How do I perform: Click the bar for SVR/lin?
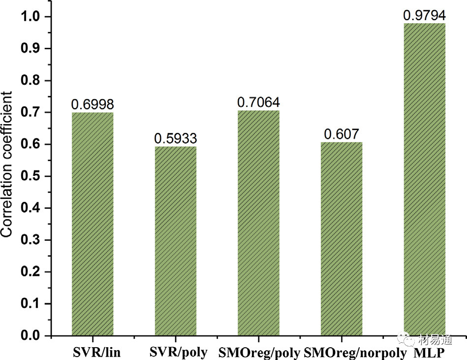(x=93, y=224)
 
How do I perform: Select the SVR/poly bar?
(x=176, y=241)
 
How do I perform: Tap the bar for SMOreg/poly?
(x=258, y=223)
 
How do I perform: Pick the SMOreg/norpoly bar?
(x=342, y=239)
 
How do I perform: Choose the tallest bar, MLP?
(x=424, y=179)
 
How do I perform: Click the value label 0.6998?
(x=93, y=104)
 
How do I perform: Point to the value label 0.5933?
(x=176, y=138)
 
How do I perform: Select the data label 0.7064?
(x=258, y=102)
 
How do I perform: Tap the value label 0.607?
(x=342, y=134)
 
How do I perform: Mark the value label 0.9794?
(x=424, y=15)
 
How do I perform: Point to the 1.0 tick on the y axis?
(x=32, y=17)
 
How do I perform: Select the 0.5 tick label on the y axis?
(x=32, y=176)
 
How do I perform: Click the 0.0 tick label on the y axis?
(x=32, y=336)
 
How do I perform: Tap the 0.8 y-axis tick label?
(x=32, y=81)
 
